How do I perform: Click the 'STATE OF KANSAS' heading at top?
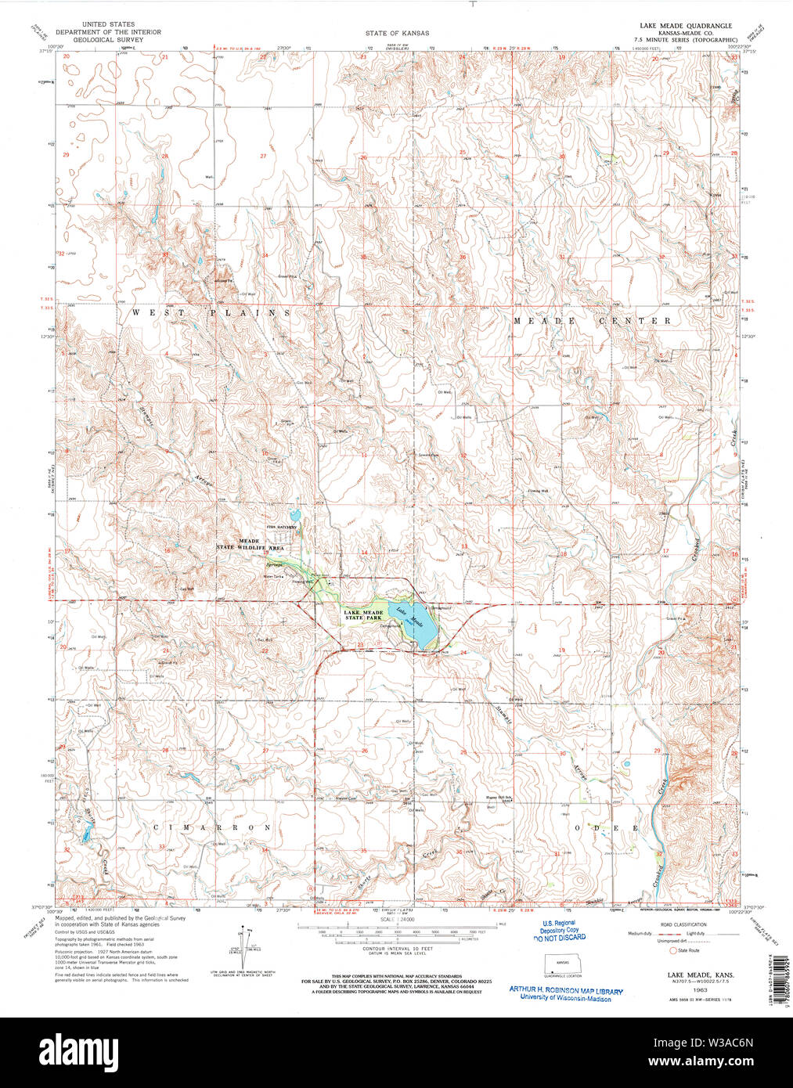[x=396, y=34]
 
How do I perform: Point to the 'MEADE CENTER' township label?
[x=592, y=321]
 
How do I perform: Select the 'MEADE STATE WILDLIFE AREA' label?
[x=249, y=546]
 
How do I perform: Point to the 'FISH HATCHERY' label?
[x=280, y=528]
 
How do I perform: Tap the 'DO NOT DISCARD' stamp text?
[x=559, y=937]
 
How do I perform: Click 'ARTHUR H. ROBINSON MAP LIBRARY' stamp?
[x=566, y=991]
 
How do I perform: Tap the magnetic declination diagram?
[x=243, y=947]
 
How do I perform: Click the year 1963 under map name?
[x=689, y=989]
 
